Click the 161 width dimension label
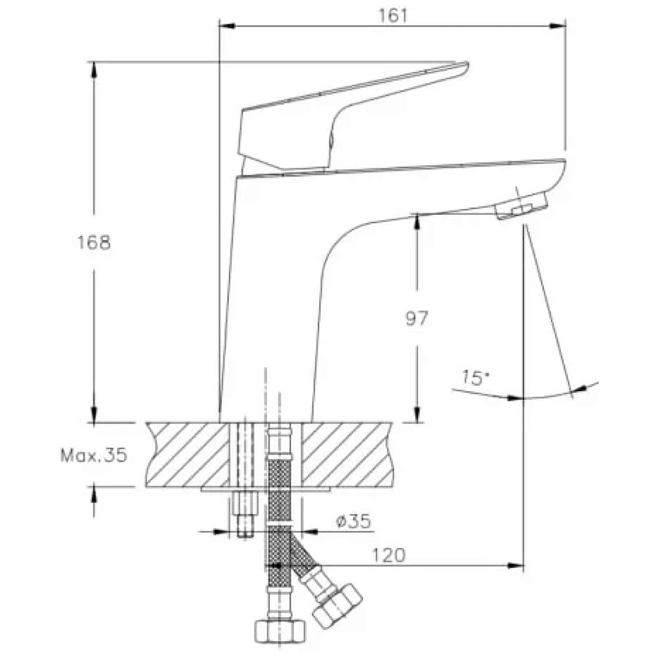coord(392,15)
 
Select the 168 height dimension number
coord(95,243)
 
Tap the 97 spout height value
coord(417,318)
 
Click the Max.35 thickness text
coord(93,455)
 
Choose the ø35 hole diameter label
coord(353,521)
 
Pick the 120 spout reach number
coord(388,555)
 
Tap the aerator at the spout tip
coord(521,206)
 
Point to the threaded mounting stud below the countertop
coord(245,515)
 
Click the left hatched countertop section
coord(188,455)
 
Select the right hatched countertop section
coord(347,455)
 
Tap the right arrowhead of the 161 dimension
coord(558,26)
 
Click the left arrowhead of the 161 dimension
coord(227,26)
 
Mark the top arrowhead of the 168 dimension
coord(94,70)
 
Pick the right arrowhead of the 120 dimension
coord(515,565)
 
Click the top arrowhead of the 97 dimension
coord(417,222)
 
